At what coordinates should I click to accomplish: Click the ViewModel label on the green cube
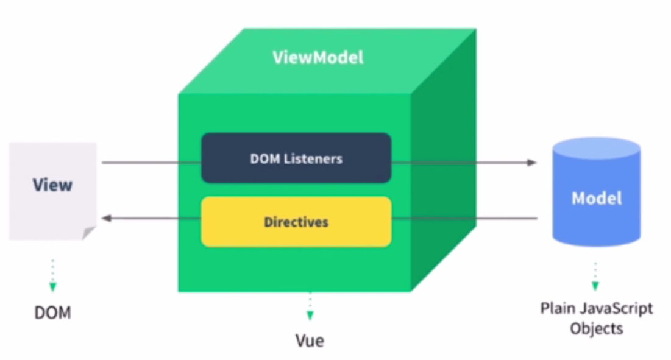click(318, 57)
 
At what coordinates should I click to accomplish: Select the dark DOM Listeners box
click(296, 158)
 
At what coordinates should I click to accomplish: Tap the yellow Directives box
click(296, 222)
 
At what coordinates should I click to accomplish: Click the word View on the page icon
click(52, 185)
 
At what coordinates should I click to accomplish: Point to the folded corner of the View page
click(88, 233)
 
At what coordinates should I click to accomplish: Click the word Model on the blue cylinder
click(597, 199)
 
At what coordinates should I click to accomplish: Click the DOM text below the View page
click(52, 312)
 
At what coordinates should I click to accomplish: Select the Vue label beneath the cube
click(310, 341)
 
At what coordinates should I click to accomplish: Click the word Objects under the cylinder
click(597, 328)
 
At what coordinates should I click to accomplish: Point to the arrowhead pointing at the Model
click(531, 163)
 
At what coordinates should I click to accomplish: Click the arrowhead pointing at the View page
click(107, 219)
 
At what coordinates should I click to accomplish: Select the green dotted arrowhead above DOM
click(52, 287)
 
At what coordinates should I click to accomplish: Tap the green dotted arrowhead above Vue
click(310, 316)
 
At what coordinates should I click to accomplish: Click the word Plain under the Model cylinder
click(559, 308)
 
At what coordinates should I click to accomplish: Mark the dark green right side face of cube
click(444, 160)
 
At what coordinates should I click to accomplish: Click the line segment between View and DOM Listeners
click(152, 163)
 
